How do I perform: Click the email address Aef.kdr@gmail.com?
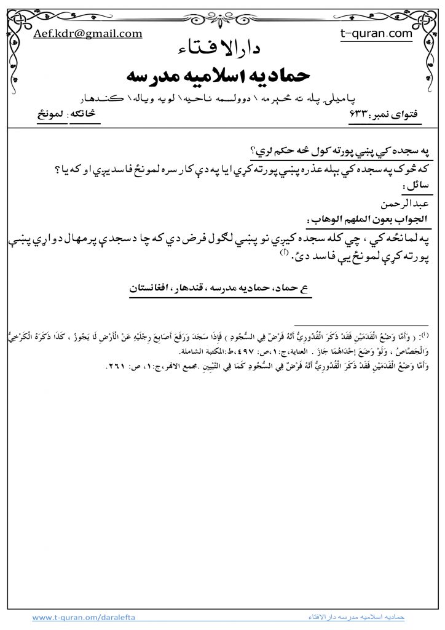[x=88, y=34]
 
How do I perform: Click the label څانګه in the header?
[x=84, y=116]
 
